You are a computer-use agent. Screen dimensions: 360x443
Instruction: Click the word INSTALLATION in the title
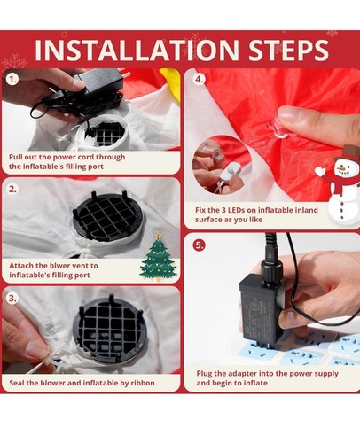[137, 50]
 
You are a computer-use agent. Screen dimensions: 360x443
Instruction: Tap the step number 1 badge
[12, 80]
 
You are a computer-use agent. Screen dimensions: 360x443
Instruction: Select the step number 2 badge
[12, 189]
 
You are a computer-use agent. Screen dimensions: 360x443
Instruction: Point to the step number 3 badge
[12, 298]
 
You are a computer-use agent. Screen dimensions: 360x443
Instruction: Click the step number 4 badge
[200, 80]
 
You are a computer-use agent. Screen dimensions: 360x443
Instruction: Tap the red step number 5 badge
[200, 245]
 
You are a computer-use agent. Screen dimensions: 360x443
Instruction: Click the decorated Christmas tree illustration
[159, 256]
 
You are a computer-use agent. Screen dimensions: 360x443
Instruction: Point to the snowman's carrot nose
[341, 168]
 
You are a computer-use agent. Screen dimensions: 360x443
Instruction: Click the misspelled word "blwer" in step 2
[58, 266]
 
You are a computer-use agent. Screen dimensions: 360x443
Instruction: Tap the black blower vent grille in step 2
[107, 215]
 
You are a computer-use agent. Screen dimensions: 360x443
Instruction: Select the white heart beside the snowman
[320, 171]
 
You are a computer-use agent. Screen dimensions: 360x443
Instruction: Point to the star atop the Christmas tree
[159, 235]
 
